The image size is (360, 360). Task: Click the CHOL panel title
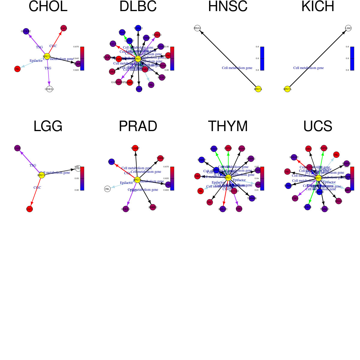click(48, 7)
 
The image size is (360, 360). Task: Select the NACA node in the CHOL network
click(64, 28)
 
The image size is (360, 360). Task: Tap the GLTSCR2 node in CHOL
click(26, 31)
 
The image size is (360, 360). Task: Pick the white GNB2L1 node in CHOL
click(49, 89)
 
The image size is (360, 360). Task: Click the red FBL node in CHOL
click(17, 69)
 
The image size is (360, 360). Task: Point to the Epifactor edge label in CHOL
click(36, 61)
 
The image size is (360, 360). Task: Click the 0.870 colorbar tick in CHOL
click(76, 47)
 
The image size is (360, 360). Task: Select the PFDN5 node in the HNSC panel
click(197, 28)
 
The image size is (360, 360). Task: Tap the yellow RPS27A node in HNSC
click(258, 89)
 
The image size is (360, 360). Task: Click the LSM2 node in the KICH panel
click(348, 28)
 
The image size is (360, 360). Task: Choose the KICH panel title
click(318, 7)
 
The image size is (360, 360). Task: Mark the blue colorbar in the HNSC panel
click(262, 58)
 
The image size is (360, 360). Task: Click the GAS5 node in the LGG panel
click(17, 148)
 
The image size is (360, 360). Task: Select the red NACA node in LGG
click(29, 209)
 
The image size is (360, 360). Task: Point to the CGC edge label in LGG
click(37, 187)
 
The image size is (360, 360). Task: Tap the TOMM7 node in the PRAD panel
click(135, 148)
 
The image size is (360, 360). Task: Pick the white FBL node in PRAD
click(107, 189)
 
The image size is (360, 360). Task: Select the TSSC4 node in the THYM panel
click(239, 209)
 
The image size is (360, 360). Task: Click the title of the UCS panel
click(318, 126)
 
